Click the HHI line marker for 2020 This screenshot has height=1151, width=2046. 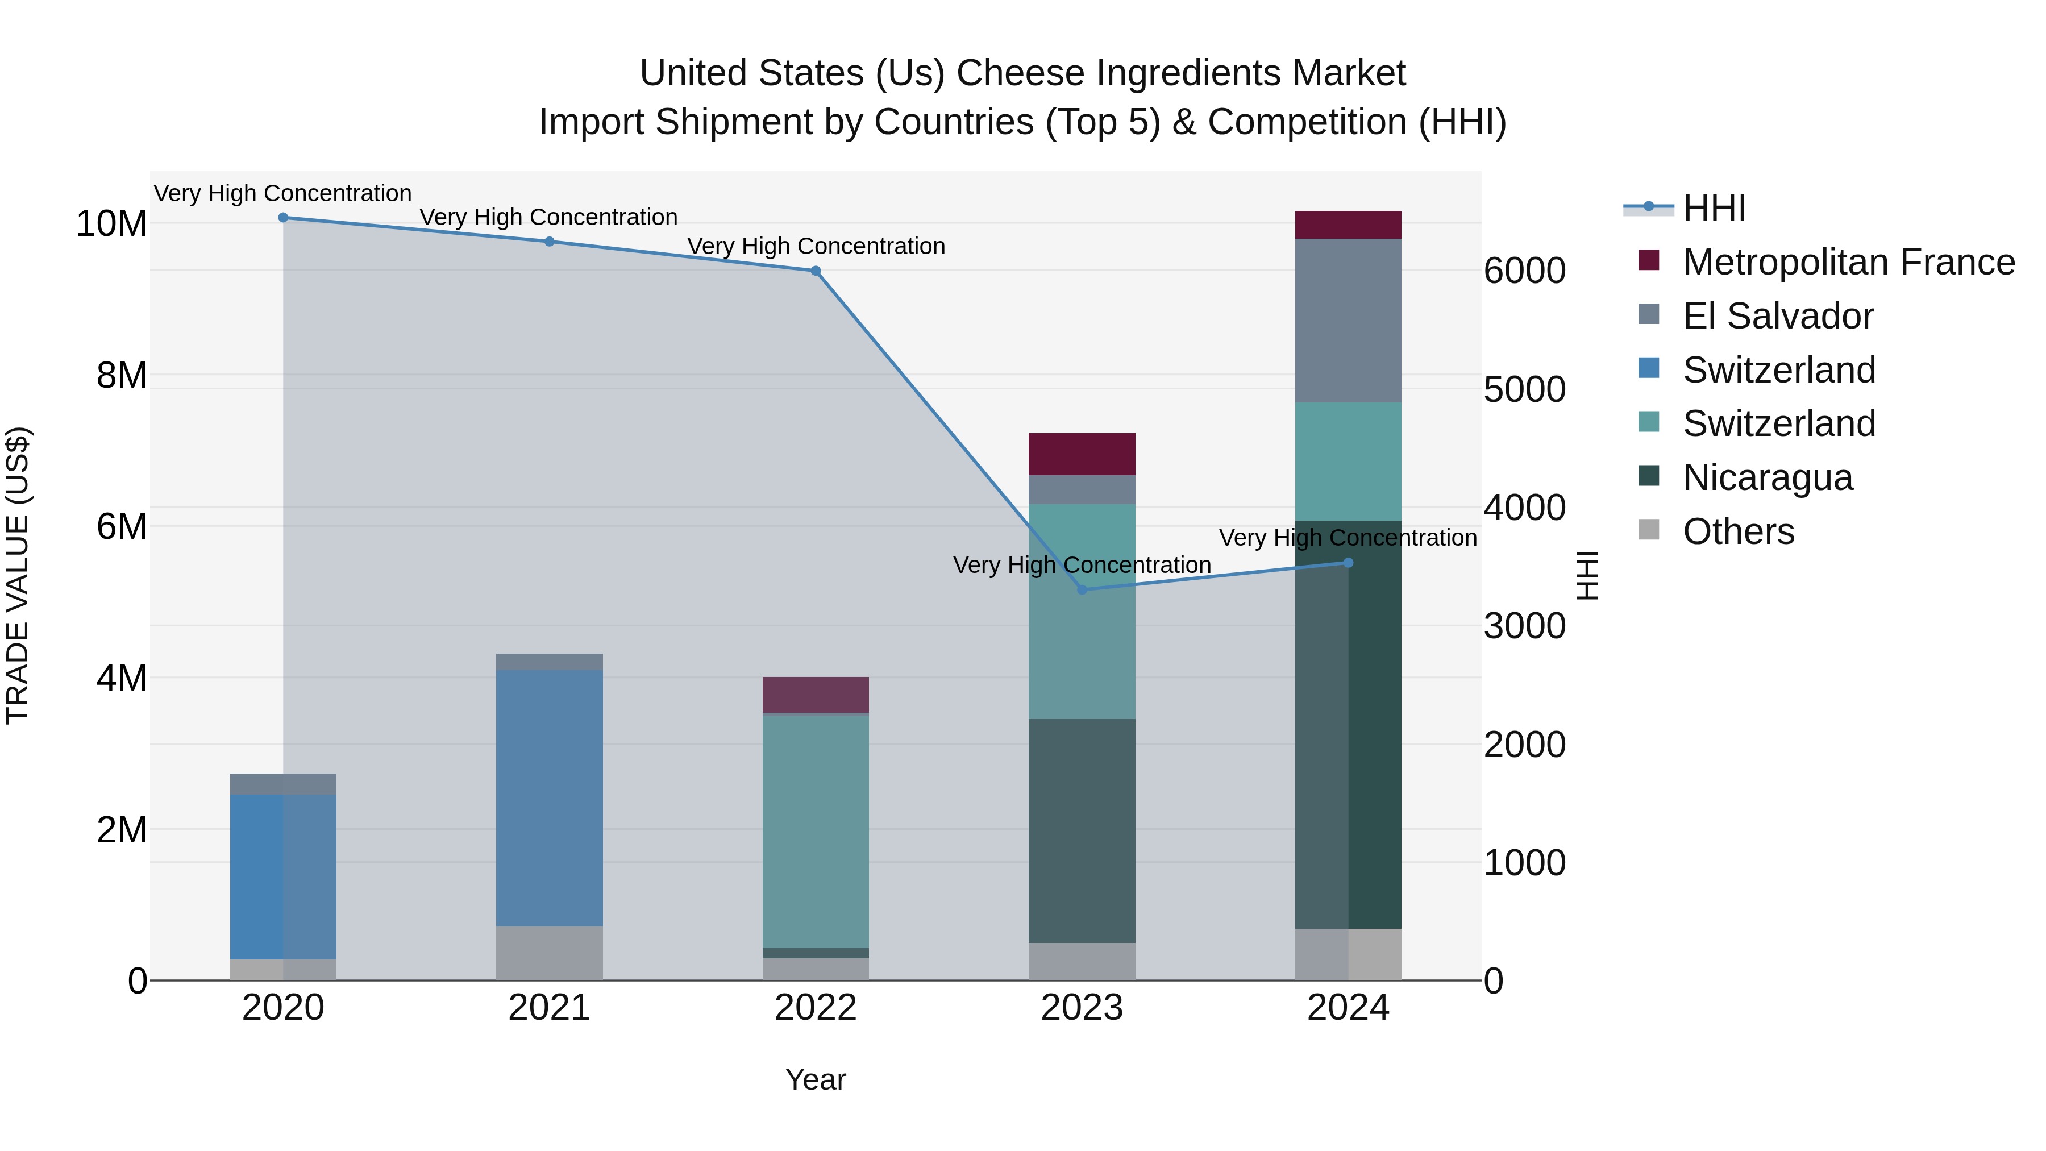pyautogui.click(x=283, y=218)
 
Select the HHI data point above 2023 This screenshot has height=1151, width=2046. pyautogui.click(x=1081, y=589)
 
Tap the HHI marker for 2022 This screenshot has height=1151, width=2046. pyautogui.click(x=815, y=271)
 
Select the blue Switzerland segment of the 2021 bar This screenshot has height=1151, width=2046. pyautogui.click(x=549, y=797)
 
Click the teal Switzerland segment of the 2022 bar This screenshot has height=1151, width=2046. pyautogui.click(x=815, y=831)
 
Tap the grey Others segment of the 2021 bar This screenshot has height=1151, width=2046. pyautogui.click(x=549, y=953)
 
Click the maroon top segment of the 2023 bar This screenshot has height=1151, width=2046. pyautogui.click(x=1081, y=454)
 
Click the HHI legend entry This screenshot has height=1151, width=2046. pyautogui.click(x=1714, y=208)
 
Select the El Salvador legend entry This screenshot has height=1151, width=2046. pyautogui.click(x=1778, y=316)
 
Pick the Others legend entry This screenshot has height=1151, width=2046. pyautogui.click(x=1738, y=531)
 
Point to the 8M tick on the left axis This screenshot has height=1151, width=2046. pyautogui.click(x=122, y=375)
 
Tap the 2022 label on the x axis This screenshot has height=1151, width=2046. pyautogui.click(x=815, y=1008)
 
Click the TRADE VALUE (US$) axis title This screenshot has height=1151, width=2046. pyautogui.click(x=18, y=575)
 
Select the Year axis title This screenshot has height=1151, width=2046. pyautogui.click(x=815, y=1079)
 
